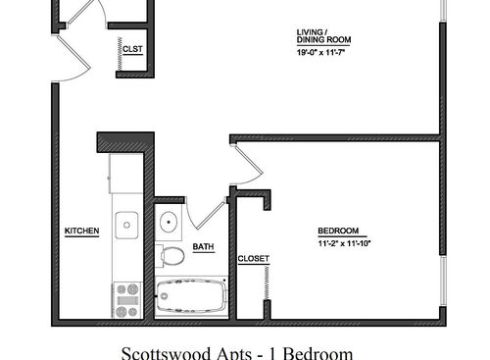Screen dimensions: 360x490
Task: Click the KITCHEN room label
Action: (x=81, y=231)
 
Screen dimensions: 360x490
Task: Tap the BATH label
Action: (x=203, y=247)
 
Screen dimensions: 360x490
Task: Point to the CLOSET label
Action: (x=253, y=259)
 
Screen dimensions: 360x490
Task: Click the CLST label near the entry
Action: (x=132, y=48)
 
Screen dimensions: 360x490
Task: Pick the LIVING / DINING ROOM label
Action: (x=323, y=36)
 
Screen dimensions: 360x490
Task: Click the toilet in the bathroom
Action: (x=172, y=256)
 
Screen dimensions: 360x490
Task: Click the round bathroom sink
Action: (x=169, y=221)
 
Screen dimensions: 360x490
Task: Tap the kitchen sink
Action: (x=127, y=227)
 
